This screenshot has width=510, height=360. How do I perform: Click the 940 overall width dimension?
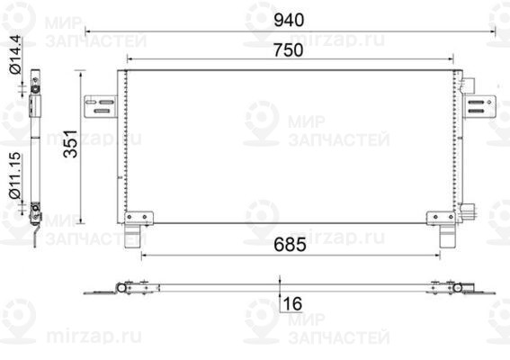[289, 20]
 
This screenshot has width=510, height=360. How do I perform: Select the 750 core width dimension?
[289, 50]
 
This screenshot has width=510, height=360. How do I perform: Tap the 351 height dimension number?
[71, 143]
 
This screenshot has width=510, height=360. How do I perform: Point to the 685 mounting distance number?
[290, 245]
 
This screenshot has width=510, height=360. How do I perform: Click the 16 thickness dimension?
[292, 303]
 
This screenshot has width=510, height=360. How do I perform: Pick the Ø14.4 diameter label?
[15, 54]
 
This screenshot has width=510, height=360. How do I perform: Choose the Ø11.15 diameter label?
[15, 175]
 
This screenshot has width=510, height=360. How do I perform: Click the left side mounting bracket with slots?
[101, 106]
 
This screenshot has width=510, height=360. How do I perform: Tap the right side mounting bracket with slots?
[479, 106]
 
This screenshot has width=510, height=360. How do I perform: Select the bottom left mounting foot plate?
[139, 218]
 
